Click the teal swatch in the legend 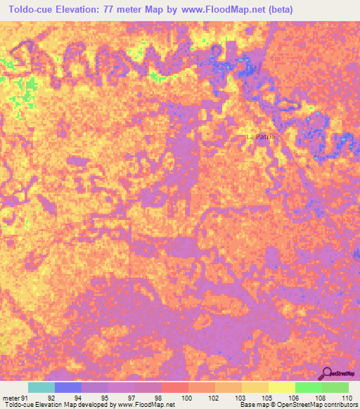point(41,387)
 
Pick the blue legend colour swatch point(68,387)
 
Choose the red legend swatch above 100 point(175,387)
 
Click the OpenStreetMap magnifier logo point(328,373)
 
